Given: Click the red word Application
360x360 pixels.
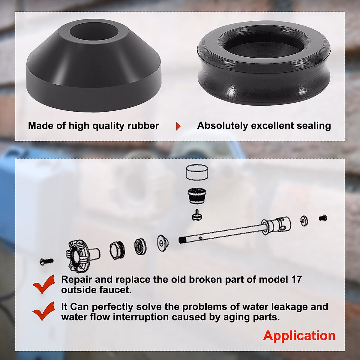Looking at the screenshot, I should [299, 335].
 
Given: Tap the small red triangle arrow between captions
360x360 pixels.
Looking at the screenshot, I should [178, 126].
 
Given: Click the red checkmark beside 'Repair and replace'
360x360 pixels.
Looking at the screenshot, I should [44, 284].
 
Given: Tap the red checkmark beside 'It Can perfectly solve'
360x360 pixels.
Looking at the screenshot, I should [44, 311].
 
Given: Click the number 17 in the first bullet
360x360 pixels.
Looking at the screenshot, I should [296, 279].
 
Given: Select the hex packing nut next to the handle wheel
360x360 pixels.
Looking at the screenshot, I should [115, 251].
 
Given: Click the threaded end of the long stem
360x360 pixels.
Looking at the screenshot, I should [182, 240].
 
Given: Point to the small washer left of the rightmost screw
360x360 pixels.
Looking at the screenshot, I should [304, 221].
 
